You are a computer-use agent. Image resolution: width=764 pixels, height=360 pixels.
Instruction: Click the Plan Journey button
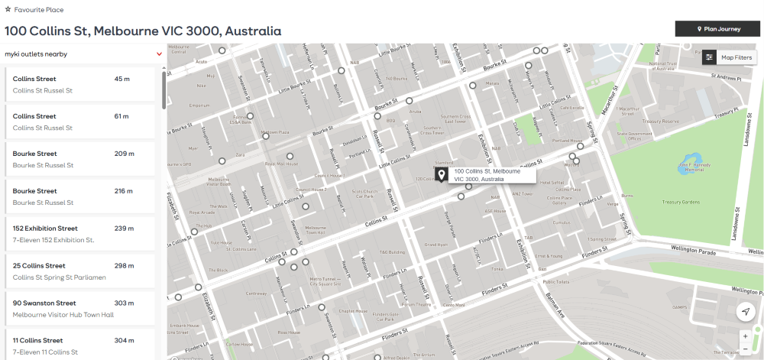pyautogui.click(x=717, y=29)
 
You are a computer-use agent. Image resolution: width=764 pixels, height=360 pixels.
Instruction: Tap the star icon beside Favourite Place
pyautogui.click(x=8, y=10)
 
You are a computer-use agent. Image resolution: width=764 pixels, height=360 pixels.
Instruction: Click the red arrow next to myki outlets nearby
pyautogui.click(x=159, y=54)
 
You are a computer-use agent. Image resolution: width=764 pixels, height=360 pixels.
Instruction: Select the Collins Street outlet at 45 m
pyautogui.click(x=79, y=84)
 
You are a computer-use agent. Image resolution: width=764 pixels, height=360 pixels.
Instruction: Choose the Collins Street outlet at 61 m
pyautogui.click(x=79, y=122)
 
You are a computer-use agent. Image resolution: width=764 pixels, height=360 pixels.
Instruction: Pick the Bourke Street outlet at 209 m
pyautogui.click(x=79, y=159)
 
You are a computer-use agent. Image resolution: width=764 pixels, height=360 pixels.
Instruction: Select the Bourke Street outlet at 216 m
pyautogui.click(x=79, y=196)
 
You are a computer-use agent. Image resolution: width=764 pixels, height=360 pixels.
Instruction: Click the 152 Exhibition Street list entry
pyautogui.click(x=79, y=234)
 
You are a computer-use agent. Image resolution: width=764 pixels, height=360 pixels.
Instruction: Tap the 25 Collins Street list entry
pyautogui.click(x=79, y=271)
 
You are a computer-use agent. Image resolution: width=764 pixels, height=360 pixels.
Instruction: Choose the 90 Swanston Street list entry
pyautogui.click(x=79, y=309)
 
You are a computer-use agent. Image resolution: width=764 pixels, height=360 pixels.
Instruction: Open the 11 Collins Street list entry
pyautogui.click(x=79, y=345)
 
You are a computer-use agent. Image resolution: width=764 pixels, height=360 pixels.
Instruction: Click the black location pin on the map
pyautogui.click(x=442, y=176)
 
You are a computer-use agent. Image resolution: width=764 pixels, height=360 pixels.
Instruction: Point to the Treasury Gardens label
pyautogui.click(x=681, y=202)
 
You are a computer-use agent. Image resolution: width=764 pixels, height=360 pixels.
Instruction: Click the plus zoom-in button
pyautogui.click(x=745, y=336)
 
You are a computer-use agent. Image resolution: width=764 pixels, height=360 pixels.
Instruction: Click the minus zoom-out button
pyautogui.click(x=745, y=349)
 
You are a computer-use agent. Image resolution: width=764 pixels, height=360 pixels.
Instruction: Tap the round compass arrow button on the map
pyautogui.click(x=745, y=311)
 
